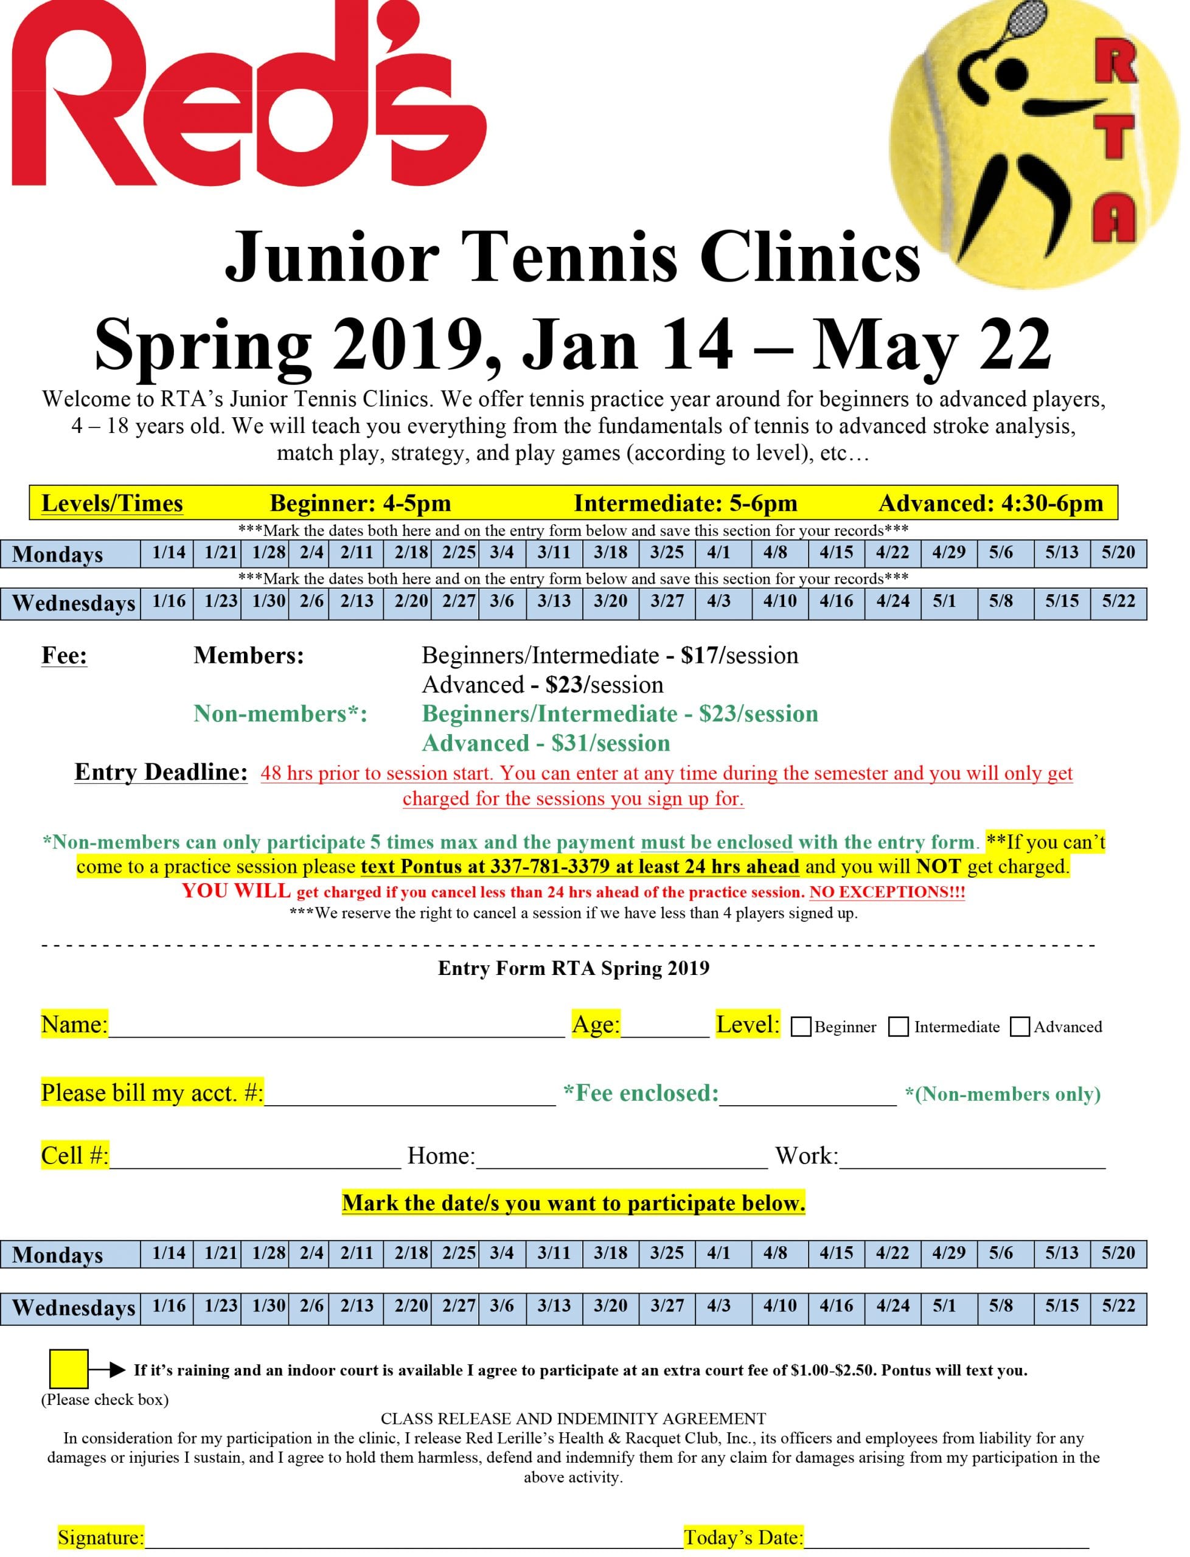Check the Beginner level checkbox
pos(801,1027)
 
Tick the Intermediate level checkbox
pos(898,1027)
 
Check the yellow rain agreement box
pos(69,1368)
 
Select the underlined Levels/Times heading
pos(112,504)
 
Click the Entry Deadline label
pos(161,772)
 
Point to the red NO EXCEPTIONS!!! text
pos(887,892)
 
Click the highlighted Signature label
pos(100,1537)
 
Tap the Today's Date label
pos(743,1537)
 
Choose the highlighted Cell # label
pos(74,1156)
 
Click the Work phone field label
pos(806,1156)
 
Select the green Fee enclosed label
pos(641,1093)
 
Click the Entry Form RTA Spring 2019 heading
pos(573,968)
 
